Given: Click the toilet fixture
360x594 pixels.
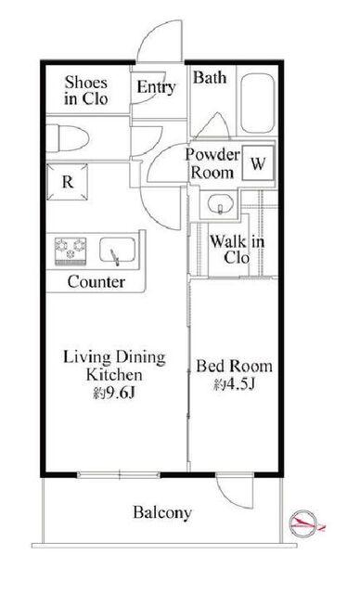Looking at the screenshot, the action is click(68, 138).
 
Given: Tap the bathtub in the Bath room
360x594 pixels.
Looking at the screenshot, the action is click(257, 103).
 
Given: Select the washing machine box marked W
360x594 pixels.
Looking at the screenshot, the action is click(258, 163).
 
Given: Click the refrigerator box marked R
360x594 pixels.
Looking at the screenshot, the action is click(68, 182).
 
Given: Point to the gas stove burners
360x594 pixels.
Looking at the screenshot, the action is click(71, 251).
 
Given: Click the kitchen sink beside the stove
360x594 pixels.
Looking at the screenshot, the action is click(117, 250).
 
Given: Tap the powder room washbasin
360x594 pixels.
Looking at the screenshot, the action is click(220, 204).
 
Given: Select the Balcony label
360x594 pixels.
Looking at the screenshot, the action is click(162, 512).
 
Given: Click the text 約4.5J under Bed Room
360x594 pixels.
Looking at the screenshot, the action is click(234, 384).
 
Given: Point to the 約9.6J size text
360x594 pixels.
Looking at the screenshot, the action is click(114, 394).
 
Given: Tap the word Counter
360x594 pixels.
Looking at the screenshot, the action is click(96, 282).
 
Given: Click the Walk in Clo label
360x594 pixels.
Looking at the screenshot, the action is click(237, 250).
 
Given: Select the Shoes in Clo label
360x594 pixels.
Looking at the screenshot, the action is click(86, 91).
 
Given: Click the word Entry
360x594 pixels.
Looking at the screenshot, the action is click(156, 87).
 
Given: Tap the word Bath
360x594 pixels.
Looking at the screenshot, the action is click(210, 78).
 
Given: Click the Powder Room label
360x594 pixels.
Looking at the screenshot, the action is click(212, 163).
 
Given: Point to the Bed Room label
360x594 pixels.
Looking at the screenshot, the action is click(235, 366).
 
